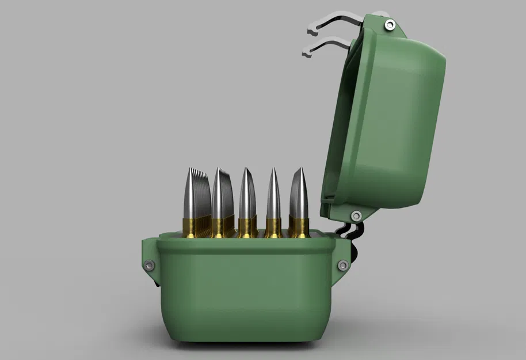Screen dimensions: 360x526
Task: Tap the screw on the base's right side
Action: [343, 266]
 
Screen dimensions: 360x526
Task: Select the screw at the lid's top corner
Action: [390, 24]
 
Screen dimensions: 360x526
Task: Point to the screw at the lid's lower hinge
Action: [356, 216]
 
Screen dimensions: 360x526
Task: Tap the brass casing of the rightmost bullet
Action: [299, 228]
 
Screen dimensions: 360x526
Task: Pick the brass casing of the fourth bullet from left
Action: [273, 228]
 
